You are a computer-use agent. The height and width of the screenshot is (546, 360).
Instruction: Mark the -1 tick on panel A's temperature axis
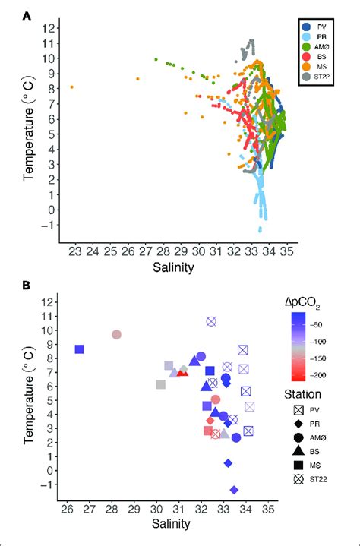[50, 226]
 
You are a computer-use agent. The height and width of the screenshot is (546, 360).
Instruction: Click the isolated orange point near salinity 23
[72, 87]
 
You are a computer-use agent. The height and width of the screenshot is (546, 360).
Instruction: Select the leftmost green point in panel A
[156, 59]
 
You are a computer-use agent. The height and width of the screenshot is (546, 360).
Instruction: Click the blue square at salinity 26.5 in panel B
[79, 349]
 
